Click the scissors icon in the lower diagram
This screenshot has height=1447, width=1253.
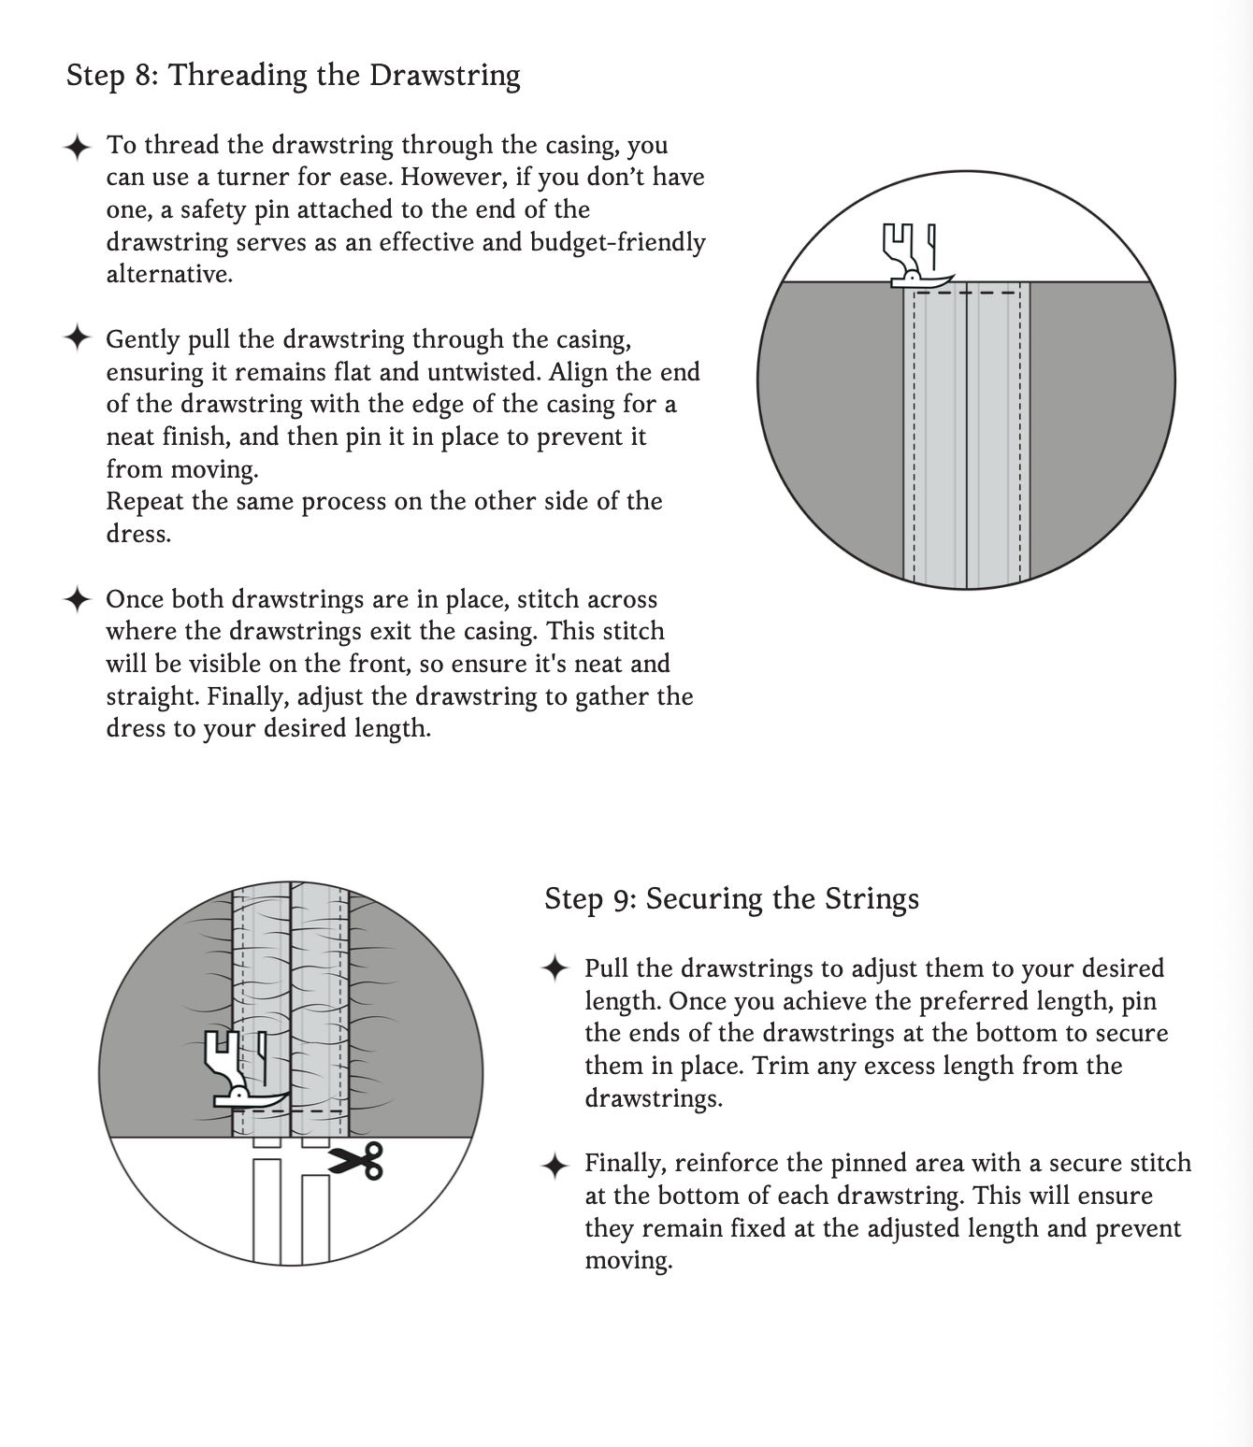356,1161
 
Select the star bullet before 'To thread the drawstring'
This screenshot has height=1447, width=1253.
77,147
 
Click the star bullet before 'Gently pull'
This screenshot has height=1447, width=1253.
77,338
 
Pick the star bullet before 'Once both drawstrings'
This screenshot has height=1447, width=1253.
77,599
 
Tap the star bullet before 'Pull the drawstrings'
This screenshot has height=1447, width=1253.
554,968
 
